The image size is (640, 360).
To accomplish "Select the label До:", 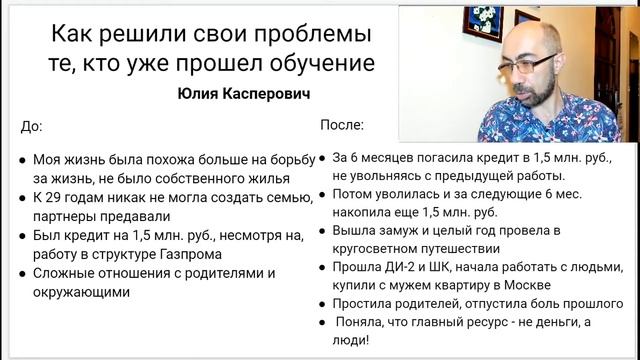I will (32, 127).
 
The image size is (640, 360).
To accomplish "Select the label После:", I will (342, 127).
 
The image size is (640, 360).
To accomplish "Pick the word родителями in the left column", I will (223, 274).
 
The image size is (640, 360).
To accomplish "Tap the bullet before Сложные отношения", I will (22, 274).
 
